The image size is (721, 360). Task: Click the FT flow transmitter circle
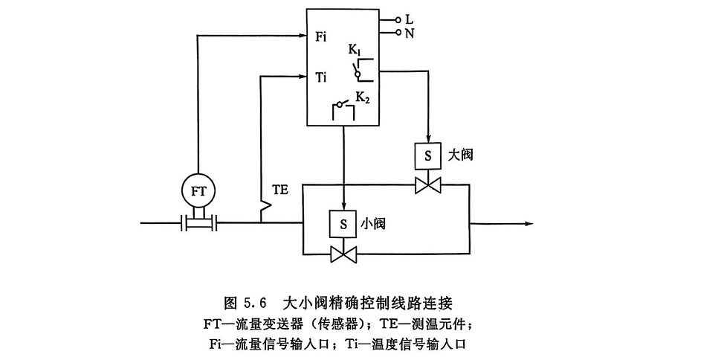198,190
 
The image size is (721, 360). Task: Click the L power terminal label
410,20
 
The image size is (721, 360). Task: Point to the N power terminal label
410,33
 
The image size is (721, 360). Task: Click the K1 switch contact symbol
360,70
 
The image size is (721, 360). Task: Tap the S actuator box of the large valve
427,156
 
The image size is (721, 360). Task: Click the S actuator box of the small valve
343,223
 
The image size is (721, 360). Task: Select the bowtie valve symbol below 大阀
427,185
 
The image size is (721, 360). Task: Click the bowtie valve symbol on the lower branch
343,255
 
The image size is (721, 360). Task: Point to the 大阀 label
462,155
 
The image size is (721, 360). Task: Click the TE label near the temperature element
279,190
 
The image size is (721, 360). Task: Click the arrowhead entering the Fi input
303,35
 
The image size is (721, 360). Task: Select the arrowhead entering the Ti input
303,74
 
